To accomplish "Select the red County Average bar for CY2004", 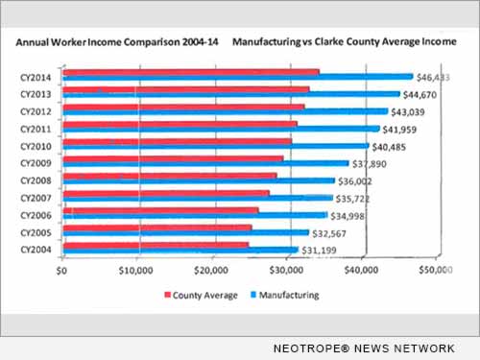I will point(154,246).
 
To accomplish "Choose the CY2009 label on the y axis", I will point(38,162).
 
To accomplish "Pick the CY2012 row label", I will point(38,110).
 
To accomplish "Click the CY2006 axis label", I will point(38,214).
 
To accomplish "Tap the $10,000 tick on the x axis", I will point(137,273).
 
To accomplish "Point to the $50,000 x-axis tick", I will point(437,273).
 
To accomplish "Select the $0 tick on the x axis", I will point(63,273).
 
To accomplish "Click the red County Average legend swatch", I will point(167,295).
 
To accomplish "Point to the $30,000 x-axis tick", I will point(287,273).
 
